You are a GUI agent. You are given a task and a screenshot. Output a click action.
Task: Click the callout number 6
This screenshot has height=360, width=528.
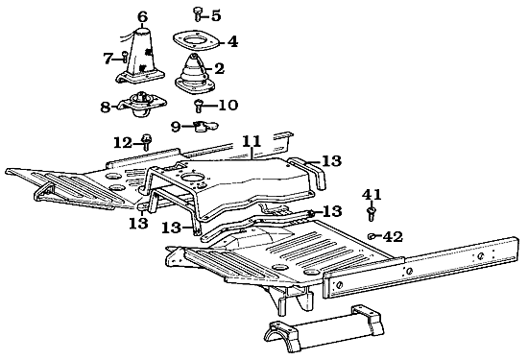coord(142,16)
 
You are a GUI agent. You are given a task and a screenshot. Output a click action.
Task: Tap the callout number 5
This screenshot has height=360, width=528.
coord(216,15)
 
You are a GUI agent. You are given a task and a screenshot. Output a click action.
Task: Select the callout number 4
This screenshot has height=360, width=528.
coord(232,42)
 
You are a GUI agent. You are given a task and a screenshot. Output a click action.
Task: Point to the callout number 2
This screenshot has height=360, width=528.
coord(219,69)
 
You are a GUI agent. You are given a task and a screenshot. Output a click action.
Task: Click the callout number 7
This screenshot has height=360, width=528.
coord(108,59)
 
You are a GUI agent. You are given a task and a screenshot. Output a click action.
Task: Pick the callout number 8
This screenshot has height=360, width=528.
coord(106,108)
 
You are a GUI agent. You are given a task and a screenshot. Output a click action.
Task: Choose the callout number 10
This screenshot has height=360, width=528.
coord(228,105)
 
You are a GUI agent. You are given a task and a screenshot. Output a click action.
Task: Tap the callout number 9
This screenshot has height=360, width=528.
coord(176,127)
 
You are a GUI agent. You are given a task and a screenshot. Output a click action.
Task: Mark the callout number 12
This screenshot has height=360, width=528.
coord(123,143)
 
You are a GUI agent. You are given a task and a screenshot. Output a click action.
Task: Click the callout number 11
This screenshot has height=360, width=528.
coord(252,141)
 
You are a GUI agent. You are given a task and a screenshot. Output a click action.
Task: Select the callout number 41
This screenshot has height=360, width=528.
coord(372,195)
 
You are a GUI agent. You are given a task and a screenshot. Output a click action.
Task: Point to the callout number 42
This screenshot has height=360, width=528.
coord(394,237)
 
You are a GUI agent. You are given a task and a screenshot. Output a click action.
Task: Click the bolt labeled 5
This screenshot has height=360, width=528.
coord(198,14)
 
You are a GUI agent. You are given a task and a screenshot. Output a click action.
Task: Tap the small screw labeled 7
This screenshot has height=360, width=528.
coord(124,57)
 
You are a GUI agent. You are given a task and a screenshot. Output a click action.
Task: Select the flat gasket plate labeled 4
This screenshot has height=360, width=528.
coord(196,41)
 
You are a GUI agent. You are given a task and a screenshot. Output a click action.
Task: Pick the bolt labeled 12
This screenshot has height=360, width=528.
coord(146,142)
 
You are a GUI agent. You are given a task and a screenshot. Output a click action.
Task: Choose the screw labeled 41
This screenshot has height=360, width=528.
coord(372,213)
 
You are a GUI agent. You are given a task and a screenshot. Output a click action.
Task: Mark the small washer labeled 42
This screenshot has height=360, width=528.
coord(372,236)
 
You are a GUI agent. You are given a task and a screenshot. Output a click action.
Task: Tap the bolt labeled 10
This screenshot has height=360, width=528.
coord(199,106)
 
